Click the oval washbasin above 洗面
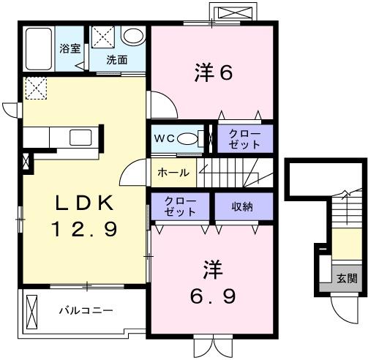pos(133,36)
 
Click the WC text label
pos(163,138)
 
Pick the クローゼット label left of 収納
pos(180,206)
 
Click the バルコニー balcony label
pos(86,311)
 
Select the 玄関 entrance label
pos(347,278)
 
